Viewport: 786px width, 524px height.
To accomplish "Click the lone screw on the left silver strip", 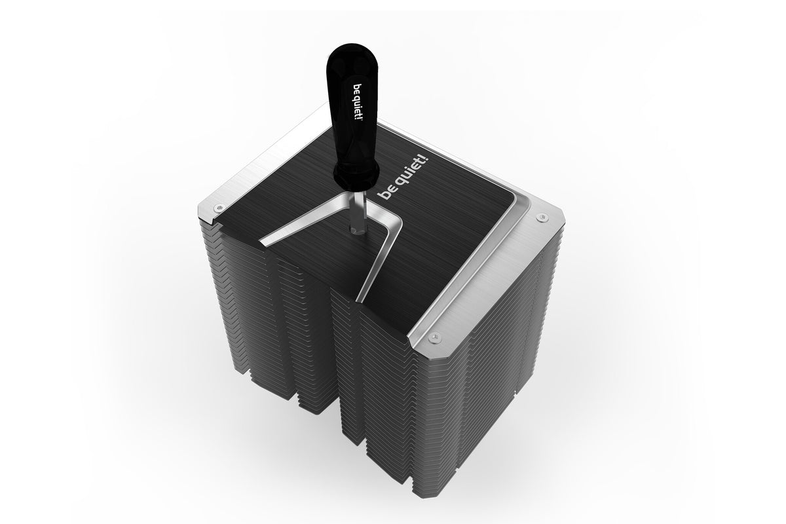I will click(219, 208).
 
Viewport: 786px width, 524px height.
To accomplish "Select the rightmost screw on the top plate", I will click(540, 217).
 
